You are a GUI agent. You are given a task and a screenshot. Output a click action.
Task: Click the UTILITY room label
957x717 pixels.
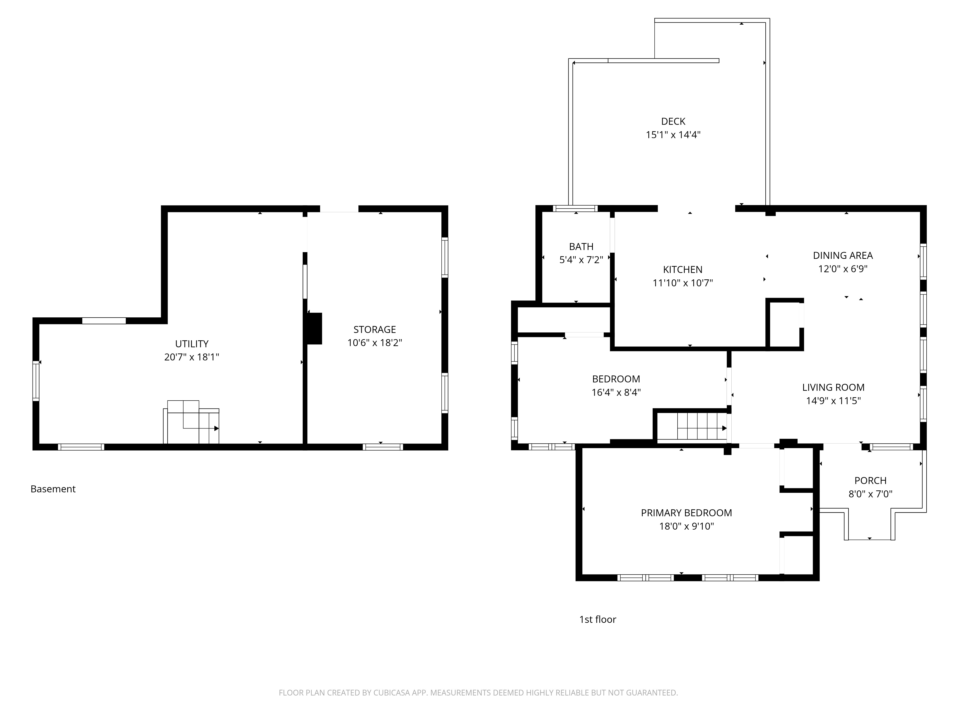[192, 344]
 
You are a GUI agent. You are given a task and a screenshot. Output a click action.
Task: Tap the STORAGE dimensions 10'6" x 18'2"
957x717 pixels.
[375, 343]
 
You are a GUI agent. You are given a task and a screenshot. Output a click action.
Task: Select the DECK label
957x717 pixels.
[673, 121]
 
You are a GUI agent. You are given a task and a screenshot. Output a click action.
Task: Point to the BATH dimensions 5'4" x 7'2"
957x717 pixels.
[581, 260]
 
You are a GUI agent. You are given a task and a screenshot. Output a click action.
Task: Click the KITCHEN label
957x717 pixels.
[683, 270]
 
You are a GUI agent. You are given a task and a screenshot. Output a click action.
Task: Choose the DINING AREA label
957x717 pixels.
[843, 255]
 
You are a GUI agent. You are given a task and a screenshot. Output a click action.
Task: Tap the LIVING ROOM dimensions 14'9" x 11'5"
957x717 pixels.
[833, 401]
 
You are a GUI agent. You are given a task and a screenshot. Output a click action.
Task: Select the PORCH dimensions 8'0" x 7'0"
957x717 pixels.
[870, 494]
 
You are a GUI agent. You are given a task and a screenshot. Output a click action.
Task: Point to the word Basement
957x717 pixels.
[53, 489]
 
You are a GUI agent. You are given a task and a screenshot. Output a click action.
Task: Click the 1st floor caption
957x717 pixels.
[597, 619]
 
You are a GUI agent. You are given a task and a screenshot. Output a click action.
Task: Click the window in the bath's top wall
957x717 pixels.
[576, 208]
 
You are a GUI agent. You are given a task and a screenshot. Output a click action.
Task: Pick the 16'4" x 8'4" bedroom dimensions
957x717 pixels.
[616, 392]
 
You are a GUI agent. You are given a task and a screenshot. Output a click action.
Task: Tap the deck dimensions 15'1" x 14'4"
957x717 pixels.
[673, 135]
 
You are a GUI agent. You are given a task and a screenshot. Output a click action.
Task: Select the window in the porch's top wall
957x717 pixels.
[891, 447]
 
